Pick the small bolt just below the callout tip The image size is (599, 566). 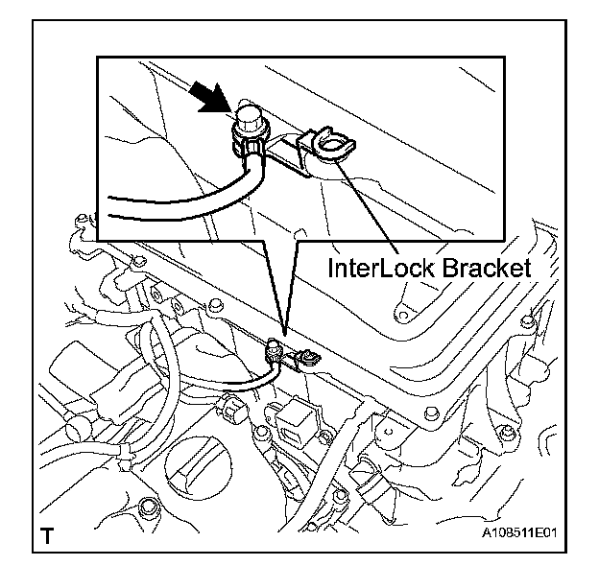coord(276,344)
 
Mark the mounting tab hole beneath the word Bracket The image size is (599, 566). coord(399,309)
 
